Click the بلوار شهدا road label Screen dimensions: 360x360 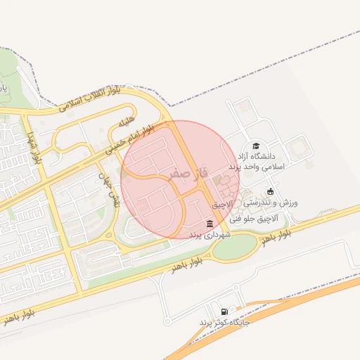point(34,148)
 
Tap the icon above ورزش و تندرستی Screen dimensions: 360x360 point(270,191)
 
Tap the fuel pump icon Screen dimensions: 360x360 point(224,311)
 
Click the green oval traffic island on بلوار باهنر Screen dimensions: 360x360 point(235,245)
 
